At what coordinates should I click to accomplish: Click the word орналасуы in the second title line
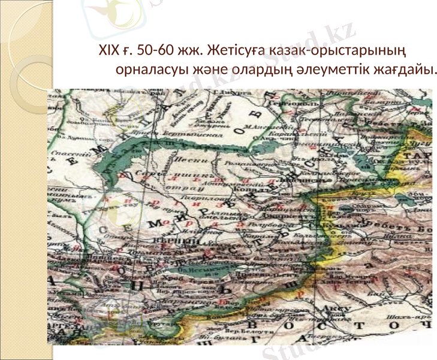pyautogui.click(x=151, y=70)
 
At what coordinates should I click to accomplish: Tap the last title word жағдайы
pyautogui.click(x=409, y=70)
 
